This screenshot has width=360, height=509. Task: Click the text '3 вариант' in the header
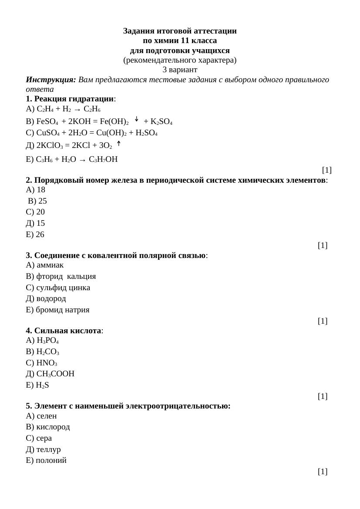tap(180, 70)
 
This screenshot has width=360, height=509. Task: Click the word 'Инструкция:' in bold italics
tap(51, 80)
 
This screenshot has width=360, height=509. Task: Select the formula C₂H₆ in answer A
tap(92, 109)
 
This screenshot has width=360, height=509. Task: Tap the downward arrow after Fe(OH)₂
tap(136, 119)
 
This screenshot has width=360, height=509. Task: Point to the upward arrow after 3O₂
tap(118, 143)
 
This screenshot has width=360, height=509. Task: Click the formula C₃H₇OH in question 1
tap(103, 159)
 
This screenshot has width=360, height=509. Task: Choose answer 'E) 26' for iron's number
tap(35, 234)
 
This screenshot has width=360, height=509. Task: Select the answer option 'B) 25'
tap(37, 201)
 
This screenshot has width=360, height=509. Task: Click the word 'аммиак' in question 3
tap(50, 265)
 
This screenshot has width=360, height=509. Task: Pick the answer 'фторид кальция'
tap(66, 276)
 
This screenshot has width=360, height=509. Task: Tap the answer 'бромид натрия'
tap(63, 310)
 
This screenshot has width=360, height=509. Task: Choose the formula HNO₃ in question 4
tap(47, 363)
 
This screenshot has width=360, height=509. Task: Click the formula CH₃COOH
tap(55, 374)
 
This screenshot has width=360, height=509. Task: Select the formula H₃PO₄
tap(47, 340)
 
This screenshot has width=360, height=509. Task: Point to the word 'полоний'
tap(51, 460)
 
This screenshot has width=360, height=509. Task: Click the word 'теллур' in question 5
tap(48, 449)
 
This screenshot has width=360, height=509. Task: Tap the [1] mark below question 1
tap(326, 170)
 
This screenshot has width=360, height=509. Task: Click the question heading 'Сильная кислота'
tap(67, 331)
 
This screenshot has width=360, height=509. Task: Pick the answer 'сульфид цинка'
tap(63, 288)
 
